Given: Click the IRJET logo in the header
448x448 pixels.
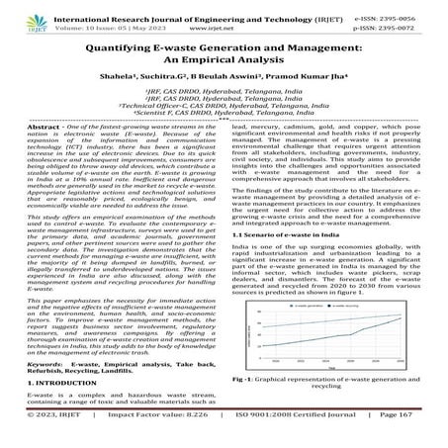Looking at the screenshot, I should click(x=20, y=19).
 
